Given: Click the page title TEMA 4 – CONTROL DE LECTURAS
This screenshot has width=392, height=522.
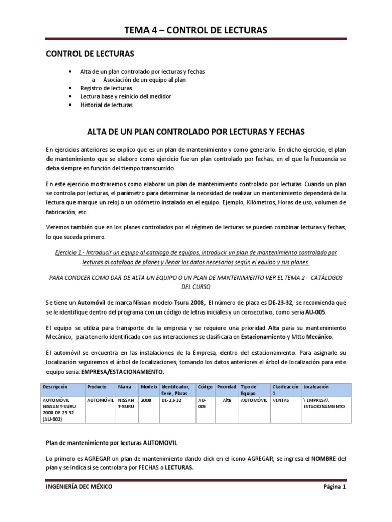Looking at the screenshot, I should [196, 31].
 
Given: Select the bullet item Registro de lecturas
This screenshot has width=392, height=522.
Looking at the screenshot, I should [103, 88].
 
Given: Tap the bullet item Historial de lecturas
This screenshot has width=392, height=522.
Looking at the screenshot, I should [106, 105].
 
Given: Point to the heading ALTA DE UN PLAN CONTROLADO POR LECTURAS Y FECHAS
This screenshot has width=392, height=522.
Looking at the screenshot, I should [195, 132].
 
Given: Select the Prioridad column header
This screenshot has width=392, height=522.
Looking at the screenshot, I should [227, 387].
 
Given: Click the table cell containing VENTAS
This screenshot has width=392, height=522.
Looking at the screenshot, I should [281, 401].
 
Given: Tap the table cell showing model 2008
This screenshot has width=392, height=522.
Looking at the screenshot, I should [146, 401].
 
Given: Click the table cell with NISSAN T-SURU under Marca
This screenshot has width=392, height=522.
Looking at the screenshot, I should [127, 404].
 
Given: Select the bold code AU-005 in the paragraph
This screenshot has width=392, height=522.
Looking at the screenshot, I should [314, 311].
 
